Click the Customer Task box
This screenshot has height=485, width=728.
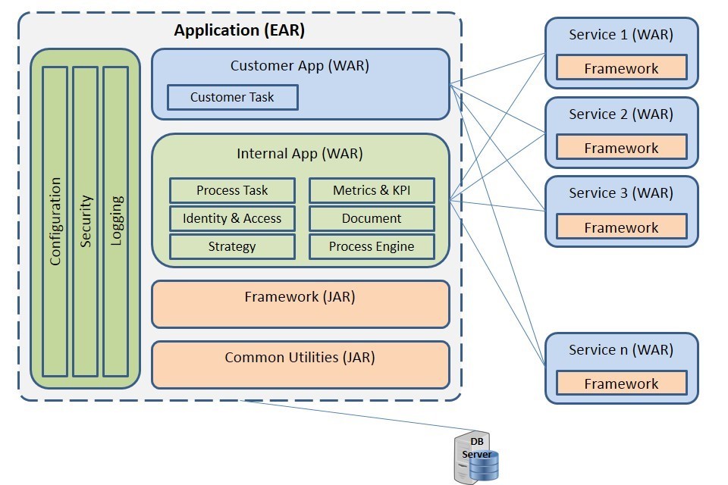tap(232, 97)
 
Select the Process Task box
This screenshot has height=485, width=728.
tap(232, 190)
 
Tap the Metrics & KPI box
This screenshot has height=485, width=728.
tap(372, 190)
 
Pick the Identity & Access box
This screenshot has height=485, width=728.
tap(232, 218)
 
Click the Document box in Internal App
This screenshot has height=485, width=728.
tap(372, 218)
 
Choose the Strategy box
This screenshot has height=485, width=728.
tap(232, 246)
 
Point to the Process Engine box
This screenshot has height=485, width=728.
tap(372, 246)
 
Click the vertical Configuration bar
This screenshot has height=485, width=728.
tap(55, 221)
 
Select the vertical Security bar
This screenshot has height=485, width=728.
tap(86, 221)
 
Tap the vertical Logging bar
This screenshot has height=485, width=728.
tap(116, 221)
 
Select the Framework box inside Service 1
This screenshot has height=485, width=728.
tap(621, 67)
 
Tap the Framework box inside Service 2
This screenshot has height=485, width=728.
tap(621, 147)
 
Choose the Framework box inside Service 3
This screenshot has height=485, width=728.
tap(621, 227)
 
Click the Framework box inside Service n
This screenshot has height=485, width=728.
tap(621, 383)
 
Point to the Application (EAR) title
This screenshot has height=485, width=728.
tap(239, 31)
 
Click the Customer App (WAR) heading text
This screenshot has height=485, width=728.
tap(300, 65)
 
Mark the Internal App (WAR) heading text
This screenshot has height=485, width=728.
tap(300, 154)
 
